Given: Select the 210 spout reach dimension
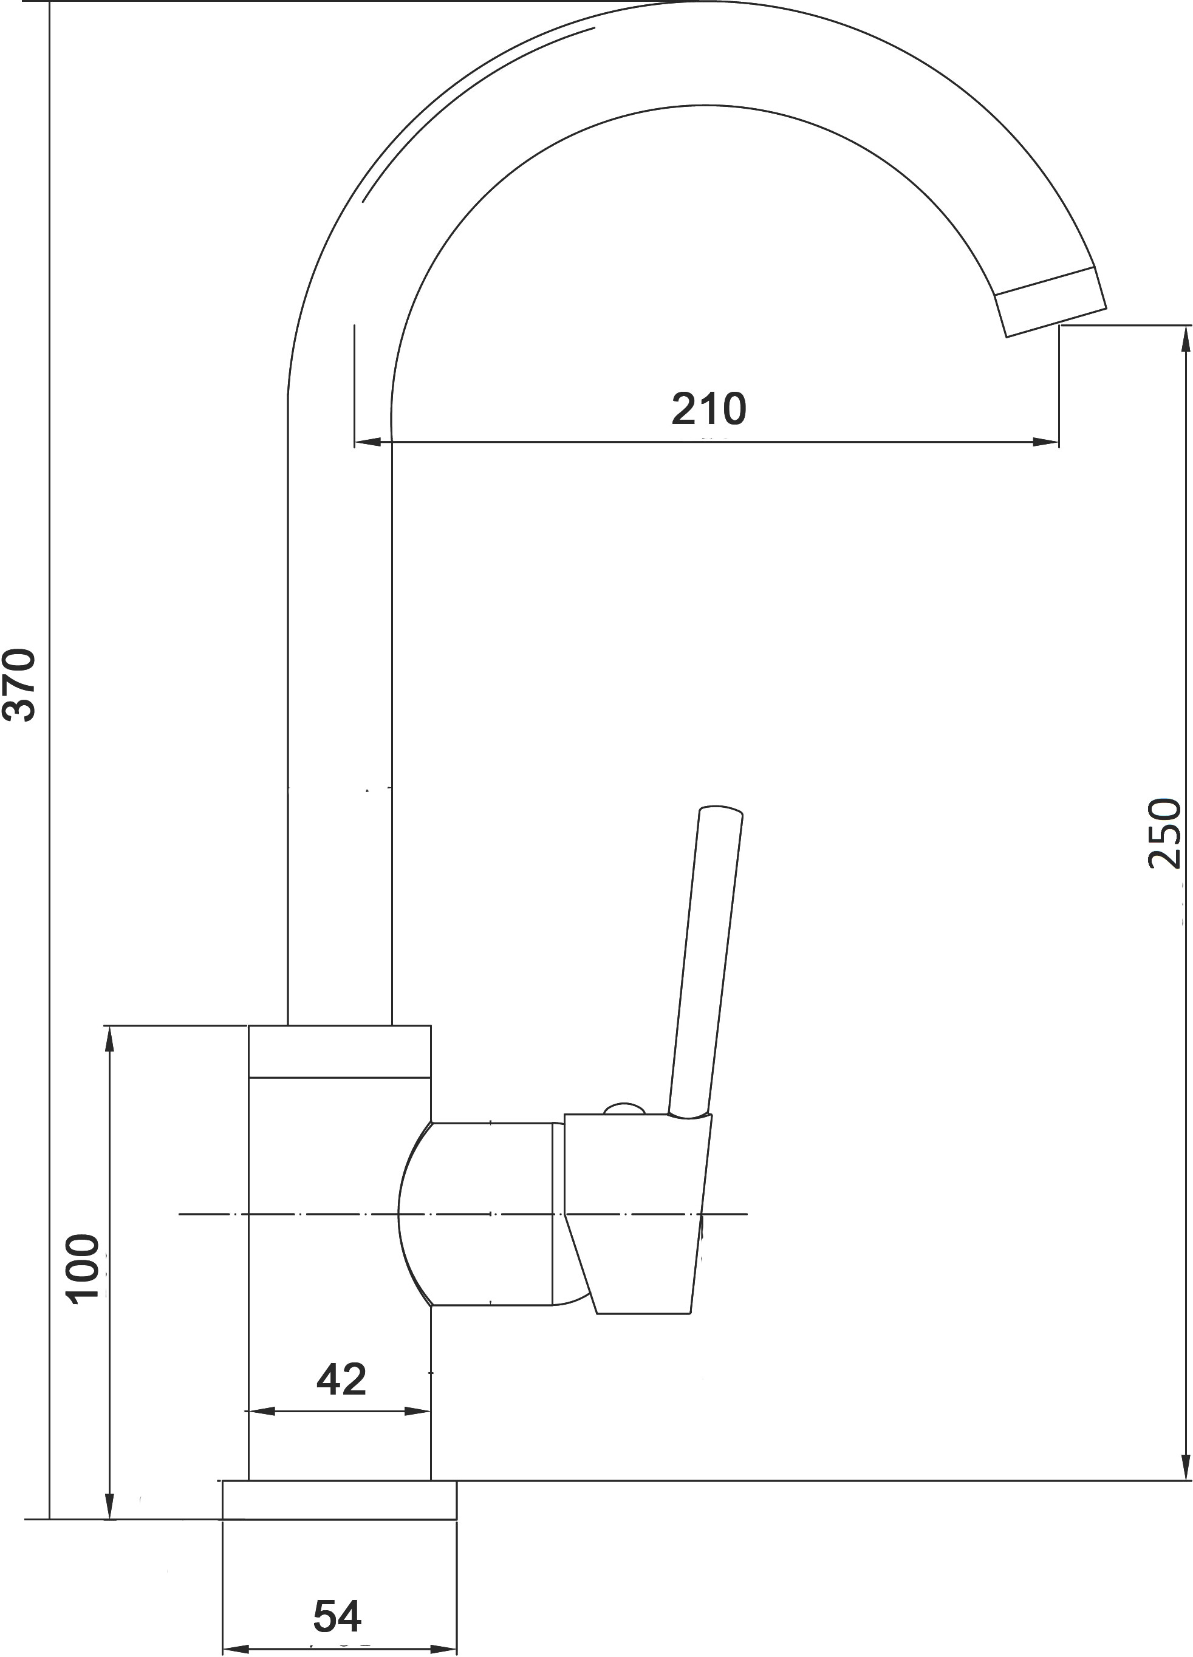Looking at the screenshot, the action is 709,409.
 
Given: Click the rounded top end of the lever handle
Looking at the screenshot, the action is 721,810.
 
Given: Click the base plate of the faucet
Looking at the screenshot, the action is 340,1500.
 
